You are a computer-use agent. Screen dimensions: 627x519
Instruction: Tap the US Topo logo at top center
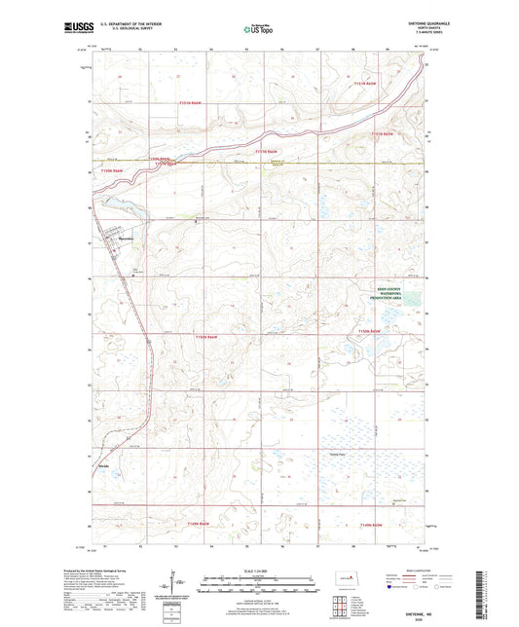click(x=258, y=30)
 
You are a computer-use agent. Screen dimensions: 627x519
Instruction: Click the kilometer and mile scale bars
click(x=259, y=585)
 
